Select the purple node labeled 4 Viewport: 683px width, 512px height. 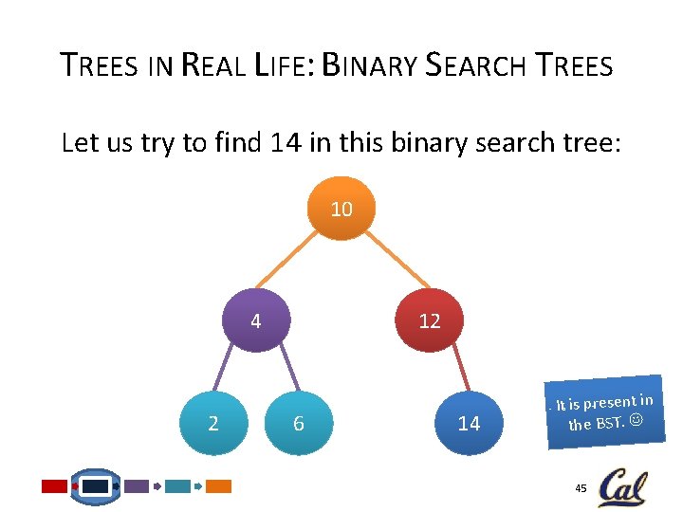click(x=255, y=321)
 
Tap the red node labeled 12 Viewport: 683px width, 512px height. click(x=430, y=321)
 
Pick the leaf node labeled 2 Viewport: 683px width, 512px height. click(x=212, y=424)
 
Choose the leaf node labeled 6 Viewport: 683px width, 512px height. click(x=298, y=424)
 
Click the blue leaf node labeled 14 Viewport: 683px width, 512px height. click(x=469, y=424)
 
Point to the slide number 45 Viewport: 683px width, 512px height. click(x=580, y=487)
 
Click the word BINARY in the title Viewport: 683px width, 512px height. click(x=371, y=66)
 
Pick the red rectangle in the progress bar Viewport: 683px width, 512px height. click(x=55, y=486)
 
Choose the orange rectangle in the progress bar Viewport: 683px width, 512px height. click(x=219, y=486)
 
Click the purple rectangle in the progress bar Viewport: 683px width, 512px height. click(x=138, y=486)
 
